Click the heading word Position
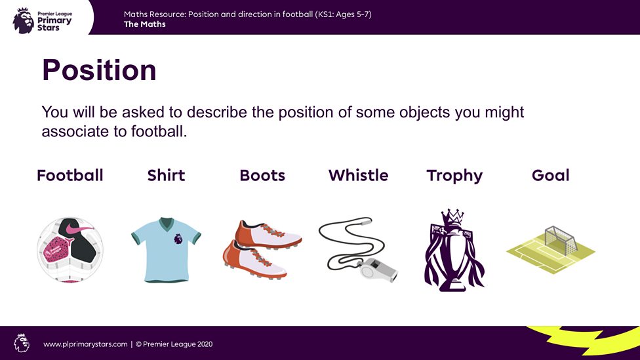99,70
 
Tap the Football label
70,176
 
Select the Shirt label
166,176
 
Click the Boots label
262,176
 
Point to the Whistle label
358,176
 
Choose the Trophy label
454,176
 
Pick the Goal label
550,176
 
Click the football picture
70,250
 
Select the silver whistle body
378,269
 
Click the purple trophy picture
454,250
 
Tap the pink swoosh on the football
79,229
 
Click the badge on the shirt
178,239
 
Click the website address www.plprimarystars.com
85,344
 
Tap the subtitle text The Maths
144,24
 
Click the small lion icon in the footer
22,343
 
